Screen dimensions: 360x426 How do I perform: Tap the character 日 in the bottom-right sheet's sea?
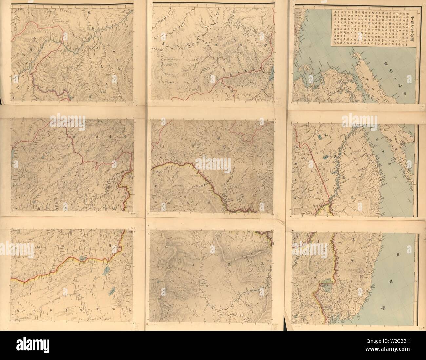click(x=389, y=254)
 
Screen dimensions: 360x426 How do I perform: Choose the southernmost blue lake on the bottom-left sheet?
click(x=111, y=290)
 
